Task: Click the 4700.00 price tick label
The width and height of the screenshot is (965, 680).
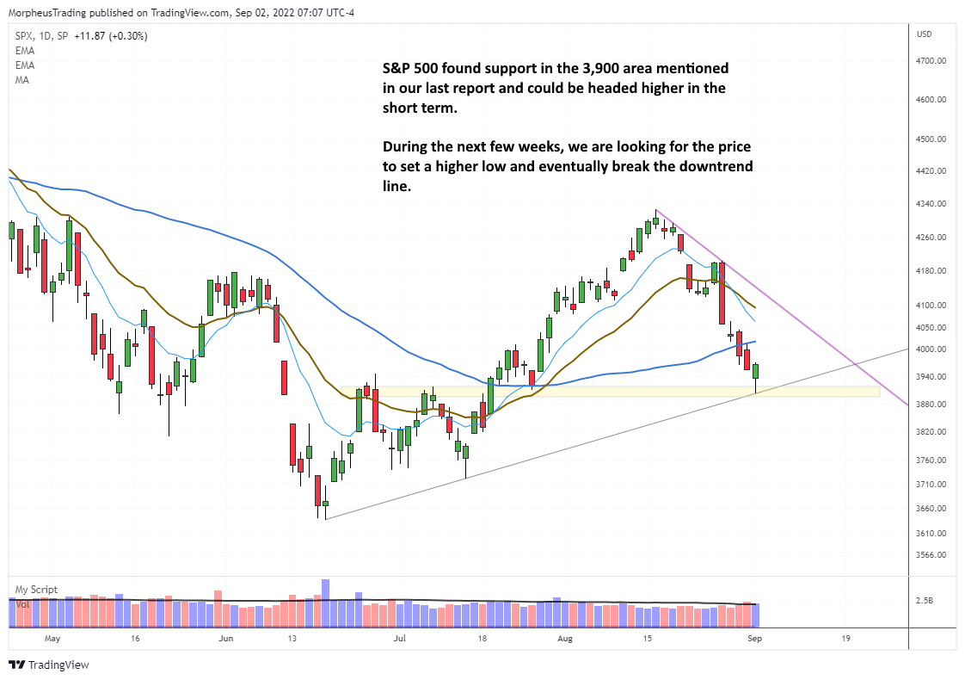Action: (931, 61)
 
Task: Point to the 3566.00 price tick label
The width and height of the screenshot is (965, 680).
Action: (931, 555)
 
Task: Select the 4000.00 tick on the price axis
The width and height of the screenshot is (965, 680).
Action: (931, 349)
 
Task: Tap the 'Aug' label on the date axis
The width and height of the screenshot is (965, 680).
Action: (564, 640)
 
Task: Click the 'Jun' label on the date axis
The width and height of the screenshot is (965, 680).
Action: (226, 640)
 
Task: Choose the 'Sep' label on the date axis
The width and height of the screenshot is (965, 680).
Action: (754, 640)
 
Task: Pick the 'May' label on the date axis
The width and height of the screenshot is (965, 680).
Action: (52, 640)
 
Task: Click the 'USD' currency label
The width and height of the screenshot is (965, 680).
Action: (925, 34)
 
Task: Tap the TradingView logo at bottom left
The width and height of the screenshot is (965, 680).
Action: (49, 665)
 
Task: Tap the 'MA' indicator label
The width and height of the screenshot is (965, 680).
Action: (22, 80)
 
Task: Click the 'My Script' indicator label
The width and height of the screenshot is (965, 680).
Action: (35, 590)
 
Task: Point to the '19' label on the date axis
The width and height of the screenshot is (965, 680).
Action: (846, 640)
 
